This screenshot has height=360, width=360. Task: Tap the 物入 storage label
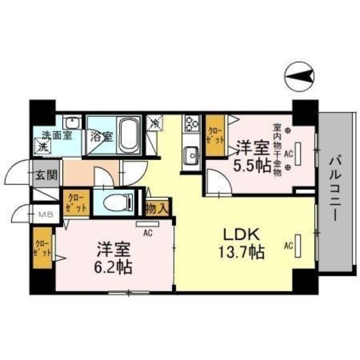[x=158, y=210]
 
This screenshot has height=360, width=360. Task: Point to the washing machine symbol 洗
[x=43, y=146]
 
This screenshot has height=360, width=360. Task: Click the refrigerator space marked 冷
[x=154, y=122]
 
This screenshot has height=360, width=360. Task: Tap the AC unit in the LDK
[x=297, y=246]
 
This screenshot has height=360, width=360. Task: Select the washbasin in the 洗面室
[x=71, y=122]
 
